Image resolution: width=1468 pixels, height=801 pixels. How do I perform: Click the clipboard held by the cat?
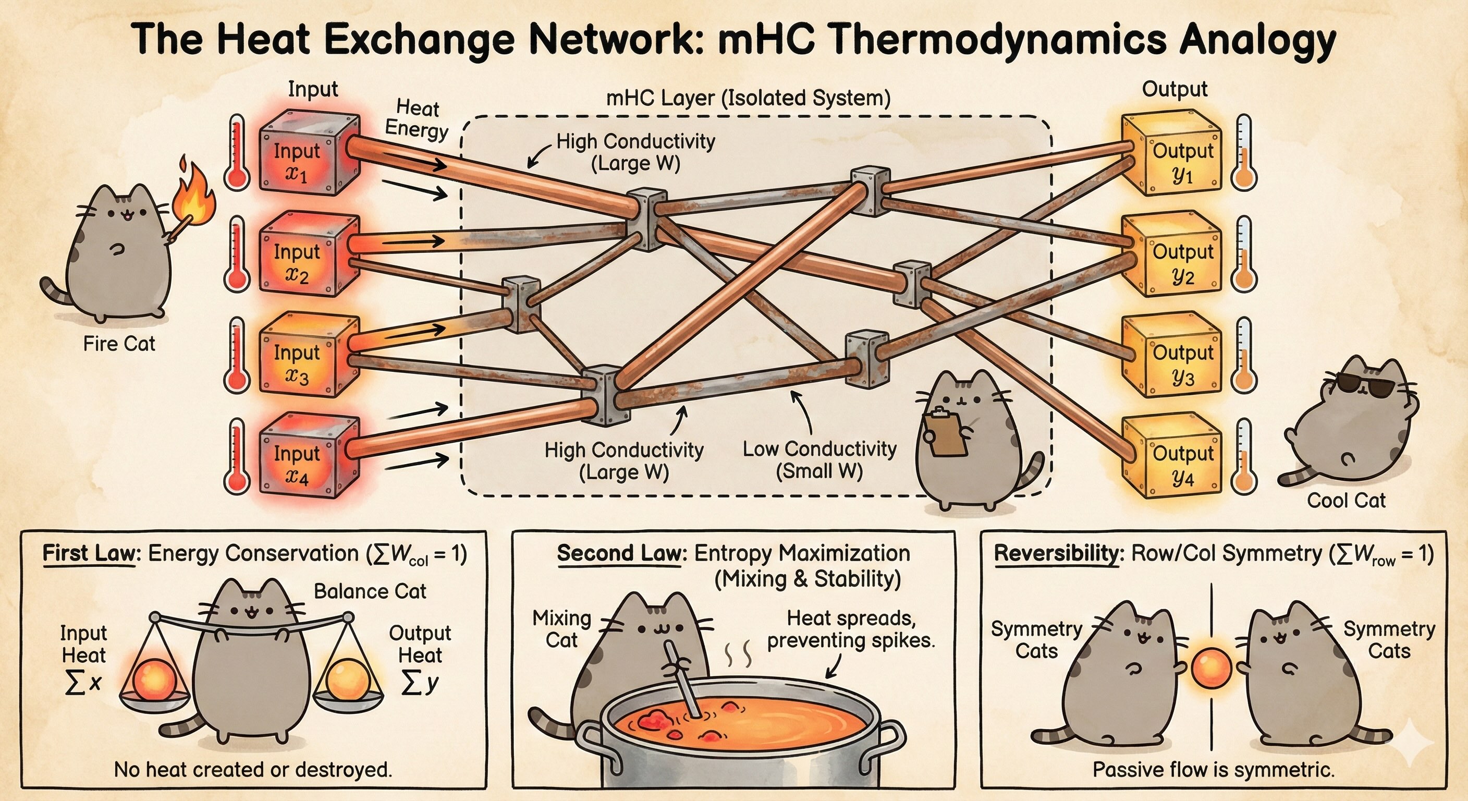click(946, 433)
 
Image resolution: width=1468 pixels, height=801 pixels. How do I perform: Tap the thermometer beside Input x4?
click(237, 456)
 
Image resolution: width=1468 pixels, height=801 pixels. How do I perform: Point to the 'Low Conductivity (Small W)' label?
click(819, 460)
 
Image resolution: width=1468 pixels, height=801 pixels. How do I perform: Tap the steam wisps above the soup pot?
click(739, 656)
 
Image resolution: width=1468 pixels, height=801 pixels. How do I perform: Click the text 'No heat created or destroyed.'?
click(253, 770)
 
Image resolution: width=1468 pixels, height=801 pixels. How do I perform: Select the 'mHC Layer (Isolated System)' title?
click(748, 98)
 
